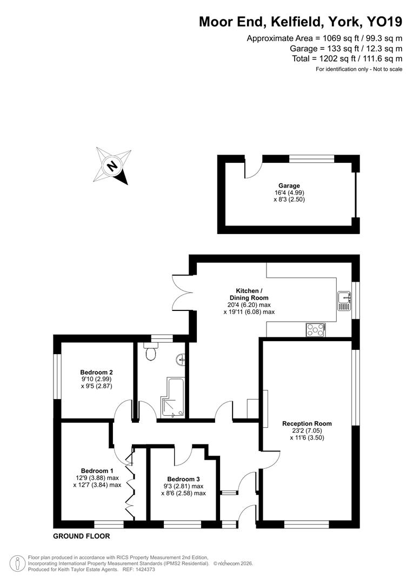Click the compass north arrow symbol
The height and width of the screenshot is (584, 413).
click(113, 165)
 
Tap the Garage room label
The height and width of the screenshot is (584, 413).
click(289, 185)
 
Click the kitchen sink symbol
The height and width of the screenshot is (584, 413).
click(344, 301)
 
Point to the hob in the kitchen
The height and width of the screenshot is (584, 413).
click(316, 329)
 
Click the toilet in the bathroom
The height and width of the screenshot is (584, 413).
click(151, 353)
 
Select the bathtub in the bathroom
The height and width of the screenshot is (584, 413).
click(172, 398)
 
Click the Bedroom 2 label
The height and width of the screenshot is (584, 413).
click(96, 372)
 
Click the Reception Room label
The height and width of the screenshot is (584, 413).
click(307, 423)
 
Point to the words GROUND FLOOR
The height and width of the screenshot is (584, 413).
click(81, 536)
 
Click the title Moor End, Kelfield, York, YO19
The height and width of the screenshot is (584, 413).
click(301, 22)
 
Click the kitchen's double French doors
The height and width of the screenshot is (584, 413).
click(181, 293)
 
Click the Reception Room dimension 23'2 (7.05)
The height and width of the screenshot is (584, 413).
click(307, 431)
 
